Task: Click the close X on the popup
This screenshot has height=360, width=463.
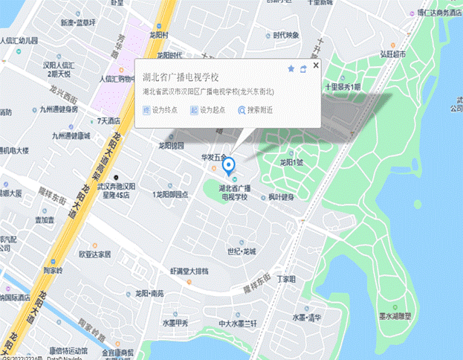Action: (316, 66)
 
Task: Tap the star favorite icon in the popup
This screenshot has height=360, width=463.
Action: (291, 68)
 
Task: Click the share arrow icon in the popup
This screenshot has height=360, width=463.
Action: (303, 68)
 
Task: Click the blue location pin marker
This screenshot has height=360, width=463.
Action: (230, 165)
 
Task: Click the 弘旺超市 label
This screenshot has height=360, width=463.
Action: (393, 54)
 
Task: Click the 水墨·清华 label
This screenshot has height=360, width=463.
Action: (306, 317)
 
